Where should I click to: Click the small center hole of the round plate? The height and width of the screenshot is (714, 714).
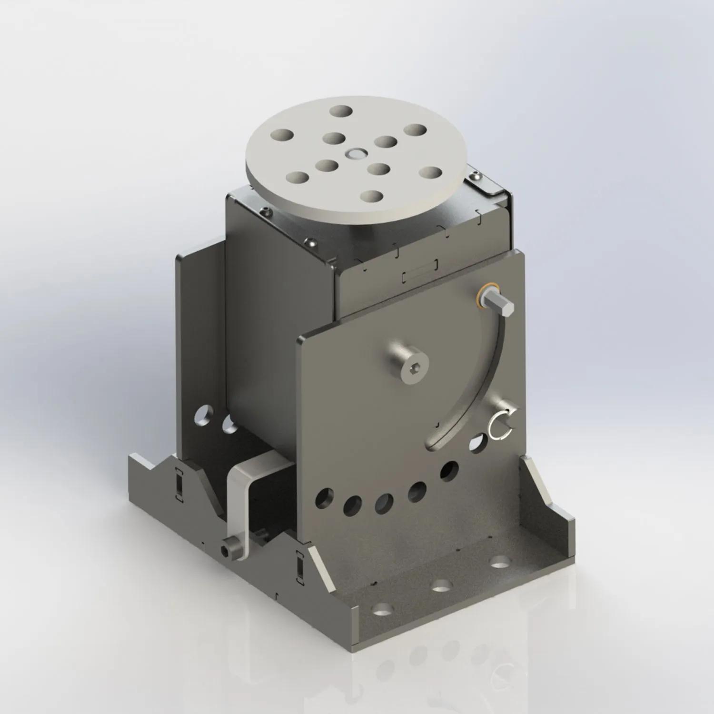[x=355, y=153]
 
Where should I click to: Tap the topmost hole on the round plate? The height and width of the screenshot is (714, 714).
[x=342, y=111]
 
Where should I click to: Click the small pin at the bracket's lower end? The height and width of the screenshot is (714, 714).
[x=227, y=550]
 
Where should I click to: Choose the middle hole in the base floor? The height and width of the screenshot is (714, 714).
[x=443, y=585]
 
